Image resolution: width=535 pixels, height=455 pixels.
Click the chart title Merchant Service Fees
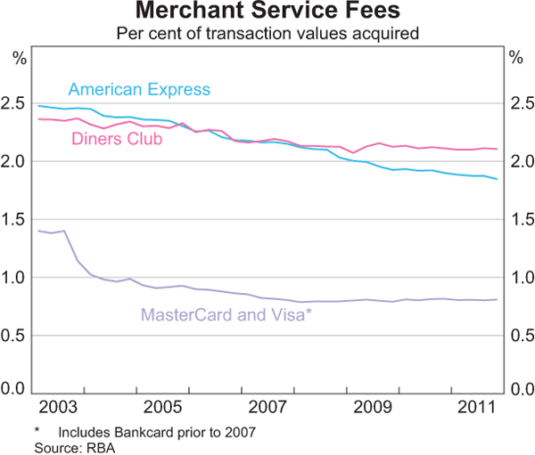(x=267, y=13)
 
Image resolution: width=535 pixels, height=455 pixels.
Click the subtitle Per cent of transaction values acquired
(x=267, y=34)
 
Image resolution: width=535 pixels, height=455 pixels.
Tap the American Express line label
(x=139, y=89)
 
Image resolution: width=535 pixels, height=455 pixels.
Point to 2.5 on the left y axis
(x=16, y=104)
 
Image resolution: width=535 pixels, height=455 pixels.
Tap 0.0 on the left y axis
(x=16, y=390)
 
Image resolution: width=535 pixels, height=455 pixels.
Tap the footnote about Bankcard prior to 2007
(x=145, y=433)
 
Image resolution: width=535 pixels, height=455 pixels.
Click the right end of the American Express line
(x=497, y=179)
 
